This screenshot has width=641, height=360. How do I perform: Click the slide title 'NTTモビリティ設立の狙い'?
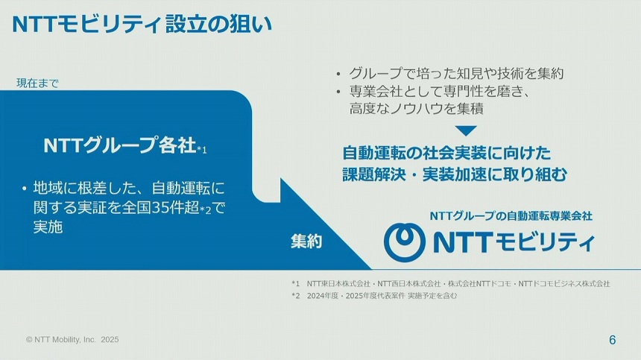click(142, 25)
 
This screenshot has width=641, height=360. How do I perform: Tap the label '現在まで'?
click(37, 83)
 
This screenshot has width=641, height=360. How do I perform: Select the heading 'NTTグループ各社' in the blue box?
click(119, 145)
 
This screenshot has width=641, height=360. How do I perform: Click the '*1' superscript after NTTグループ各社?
click(202, 150)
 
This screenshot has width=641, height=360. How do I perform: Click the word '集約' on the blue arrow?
click(306, 241)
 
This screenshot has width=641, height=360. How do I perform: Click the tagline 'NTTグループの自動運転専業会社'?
click(511, 216)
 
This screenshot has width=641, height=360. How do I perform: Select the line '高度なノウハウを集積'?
click(417, 109)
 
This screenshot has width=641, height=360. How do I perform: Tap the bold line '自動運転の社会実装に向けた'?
click(446, 154)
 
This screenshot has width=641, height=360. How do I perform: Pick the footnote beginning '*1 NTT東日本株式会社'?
click(450, 283)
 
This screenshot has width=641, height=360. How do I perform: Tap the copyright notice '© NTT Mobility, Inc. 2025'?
click(72, 339)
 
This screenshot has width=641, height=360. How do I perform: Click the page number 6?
click(612, 340)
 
